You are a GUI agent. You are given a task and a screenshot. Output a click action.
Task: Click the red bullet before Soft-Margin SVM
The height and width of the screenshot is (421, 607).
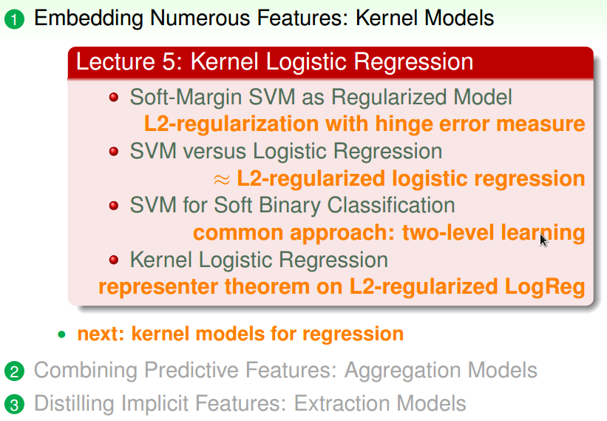click(x=114, y=98)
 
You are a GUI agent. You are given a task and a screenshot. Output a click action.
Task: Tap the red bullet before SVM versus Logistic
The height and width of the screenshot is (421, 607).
click(x=114, y=152)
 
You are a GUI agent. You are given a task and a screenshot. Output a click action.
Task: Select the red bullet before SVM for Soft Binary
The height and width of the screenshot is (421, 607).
click(x=114, y=206)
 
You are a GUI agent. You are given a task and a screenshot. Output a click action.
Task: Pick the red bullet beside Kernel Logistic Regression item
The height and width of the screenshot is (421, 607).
click(x=114, y=260)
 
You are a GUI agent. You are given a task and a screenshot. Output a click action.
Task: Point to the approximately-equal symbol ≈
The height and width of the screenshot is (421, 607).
click(x=222, y=179)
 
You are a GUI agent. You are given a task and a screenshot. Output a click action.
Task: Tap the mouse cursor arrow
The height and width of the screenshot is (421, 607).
click(x=543, y=240)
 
